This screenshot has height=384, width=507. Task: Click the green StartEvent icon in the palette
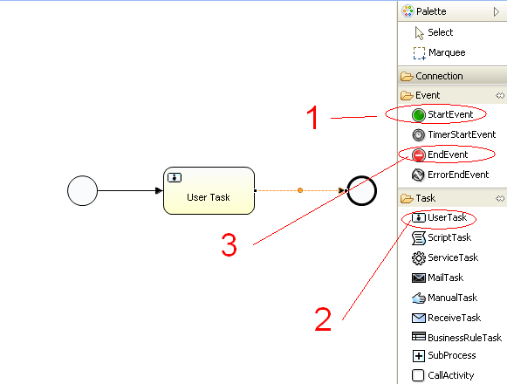[x=418, y=115]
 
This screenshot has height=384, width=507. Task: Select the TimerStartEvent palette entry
[x=454, y=134]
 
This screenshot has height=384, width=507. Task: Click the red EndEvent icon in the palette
[x=418, y=155]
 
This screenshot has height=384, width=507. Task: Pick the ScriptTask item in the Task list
[x=442, y=237]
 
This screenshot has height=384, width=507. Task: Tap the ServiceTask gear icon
[x=418, y=257]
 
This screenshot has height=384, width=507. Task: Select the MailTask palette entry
[x=437, y=278]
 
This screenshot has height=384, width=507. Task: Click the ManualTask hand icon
[x=418, y=298]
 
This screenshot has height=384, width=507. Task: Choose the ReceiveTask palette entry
[x=446, y=318]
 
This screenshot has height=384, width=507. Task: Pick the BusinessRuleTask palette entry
[x=456, y=338]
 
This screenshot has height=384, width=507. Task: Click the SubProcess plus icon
[x=418, y=356]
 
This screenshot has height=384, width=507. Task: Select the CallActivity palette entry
[x=443, y=375]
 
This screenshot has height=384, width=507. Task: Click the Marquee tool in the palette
[x=439, y=52]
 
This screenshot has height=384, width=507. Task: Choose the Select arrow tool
[x=434, y=32]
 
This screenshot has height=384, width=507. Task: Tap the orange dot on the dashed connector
[x=300, y=190]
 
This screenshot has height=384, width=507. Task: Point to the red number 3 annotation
[x=229, y=245]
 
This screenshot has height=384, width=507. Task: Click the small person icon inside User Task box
[x=175, y=178]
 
